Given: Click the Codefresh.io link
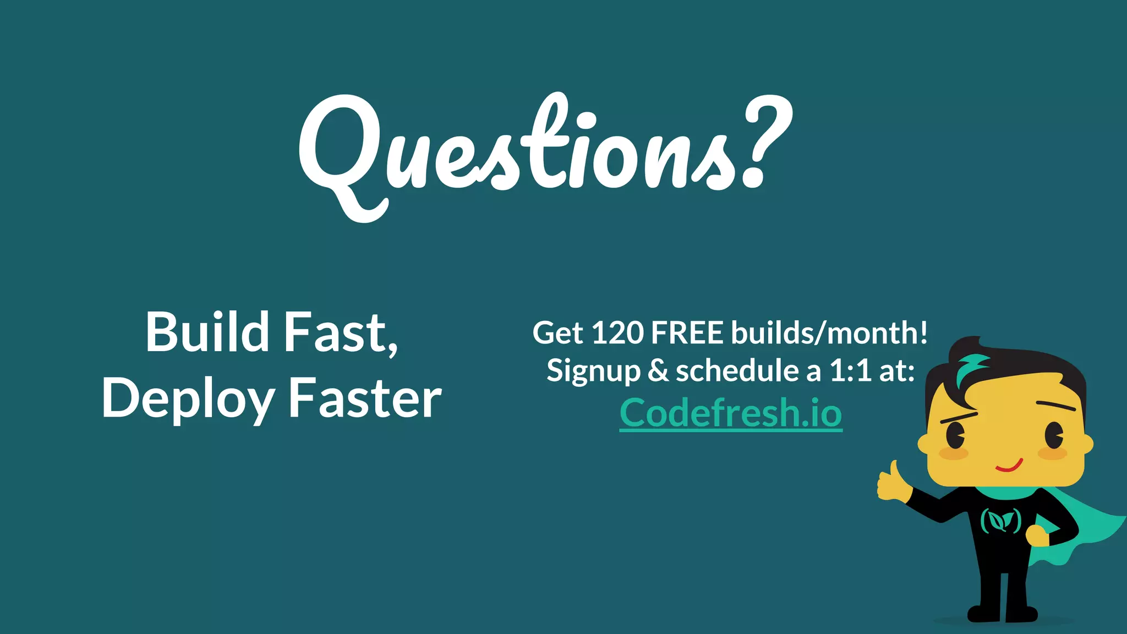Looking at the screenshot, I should (x=731, y=413).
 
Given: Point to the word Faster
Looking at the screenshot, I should (x=365, y=398).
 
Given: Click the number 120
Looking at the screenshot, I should (x=617, y=333).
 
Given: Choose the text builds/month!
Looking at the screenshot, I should (x=829, y=333).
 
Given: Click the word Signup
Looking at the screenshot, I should (x=593, y=371).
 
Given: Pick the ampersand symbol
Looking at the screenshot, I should (x=658, y=370).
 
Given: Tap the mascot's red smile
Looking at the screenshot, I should (x=1009, y=467).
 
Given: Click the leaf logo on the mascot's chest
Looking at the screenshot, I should (x=1001, y=520).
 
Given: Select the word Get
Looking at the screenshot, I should (x=557, y=334).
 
